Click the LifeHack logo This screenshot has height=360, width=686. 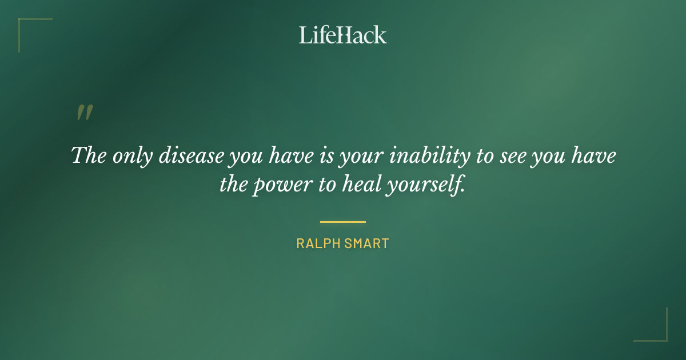click(x=343, y=35)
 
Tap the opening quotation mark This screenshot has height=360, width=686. click(x=84, y=113)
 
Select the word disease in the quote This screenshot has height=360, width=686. click(x=191, y=156)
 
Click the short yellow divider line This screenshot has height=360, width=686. click(x=343, y=222)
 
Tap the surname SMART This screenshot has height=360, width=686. click(x=368, y=243)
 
